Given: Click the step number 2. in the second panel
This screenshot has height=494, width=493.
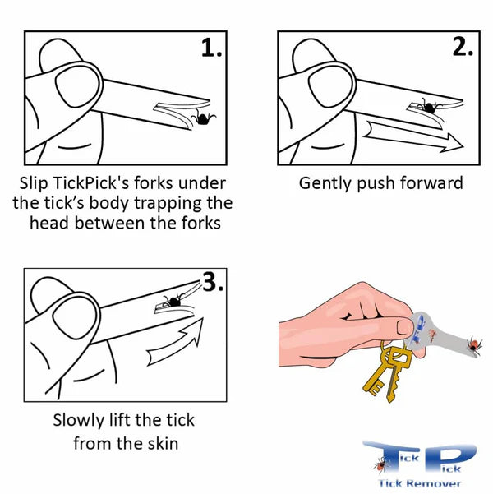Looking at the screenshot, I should coord(463,47).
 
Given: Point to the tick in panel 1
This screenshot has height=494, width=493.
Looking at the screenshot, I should coord(202,119).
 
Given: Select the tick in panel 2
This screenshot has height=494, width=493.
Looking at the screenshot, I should coord(427,106).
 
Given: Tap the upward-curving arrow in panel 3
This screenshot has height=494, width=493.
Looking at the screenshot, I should coord(177,346).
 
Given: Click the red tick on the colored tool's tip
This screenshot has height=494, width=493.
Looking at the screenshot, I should coord(474,341).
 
